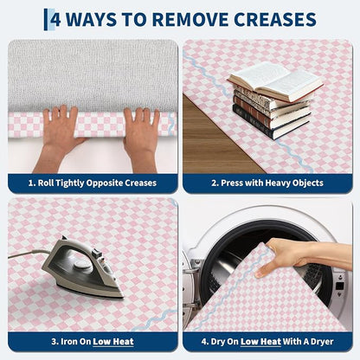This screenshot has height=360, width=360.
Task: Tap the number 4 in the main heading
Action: pos(55,20)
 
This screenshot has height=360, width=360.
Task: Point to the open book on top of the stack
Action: pos(275,80)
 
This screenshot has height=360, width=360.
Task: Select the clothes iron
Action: pos(84,267)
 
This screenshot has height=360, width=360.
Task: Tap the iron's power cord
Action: pos(29,253)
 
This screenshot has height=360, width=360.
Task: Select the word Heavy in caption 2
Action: pos(277,183)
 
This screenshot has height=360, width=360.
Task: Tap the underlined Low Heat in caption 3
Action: pos(113,342)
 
